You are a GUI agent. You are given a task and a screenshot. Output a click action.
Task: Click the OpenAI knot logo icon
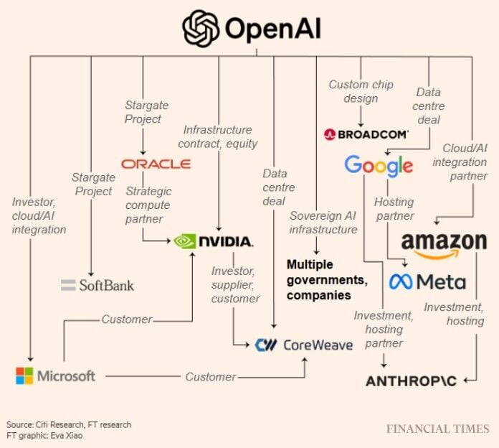pyautogui.click(x=201, y=29)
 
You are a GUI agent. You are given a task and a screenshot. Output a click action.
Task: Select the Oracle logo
pyautogui.click(x=156, y=164)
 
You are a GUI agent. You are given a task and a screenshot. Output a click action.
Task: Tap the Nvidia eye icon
pyautogui.click(x=186, y=241)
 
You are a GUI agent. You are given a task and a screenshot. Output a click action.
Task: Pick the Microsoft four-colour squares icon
pyautogui.click(x=24, y=375)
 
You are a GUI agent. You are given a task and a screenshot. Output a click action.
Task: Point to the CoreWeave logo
pyautogui.click(x=304, y=345)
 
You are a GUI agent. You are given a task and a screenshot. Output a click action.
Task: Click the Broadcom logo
pyautogui.click(x=366, y=134)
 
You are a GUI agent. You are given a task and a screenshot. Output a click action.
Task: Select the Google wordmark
pyautogui.click(x=379, y=166)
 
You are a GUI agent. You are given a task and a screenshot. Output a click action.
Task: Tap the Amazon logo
pyautogui.click(x=444, y=245)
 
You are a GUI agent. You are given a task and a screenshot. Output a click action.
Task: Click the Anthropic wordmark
pyautogui.click(x=411, y=381)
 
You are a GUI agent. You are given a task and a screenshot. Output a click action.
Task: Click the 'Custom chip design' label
pyautogui.click(x=361, y=91)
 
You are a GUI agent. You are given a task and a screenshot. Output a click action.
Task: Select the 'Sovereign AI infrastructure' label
pyautogui.click(x=323, y=223)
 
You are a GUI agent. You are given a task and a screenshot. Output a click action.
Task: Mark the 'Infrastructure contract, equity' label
pyautogui.click(x=217, y=136)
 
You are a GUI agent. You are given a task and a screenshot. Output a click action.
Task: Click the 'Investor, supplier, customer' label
pyautogui.click(x=235, y=284)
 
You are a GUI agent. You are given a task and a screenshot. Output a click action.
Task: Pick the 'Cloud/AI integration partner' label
pyautogui.click(x=460, y=162)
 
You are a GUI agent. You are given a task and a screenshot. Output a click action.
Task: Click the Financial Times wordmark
pyautogui.click(x=437, y=429)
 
